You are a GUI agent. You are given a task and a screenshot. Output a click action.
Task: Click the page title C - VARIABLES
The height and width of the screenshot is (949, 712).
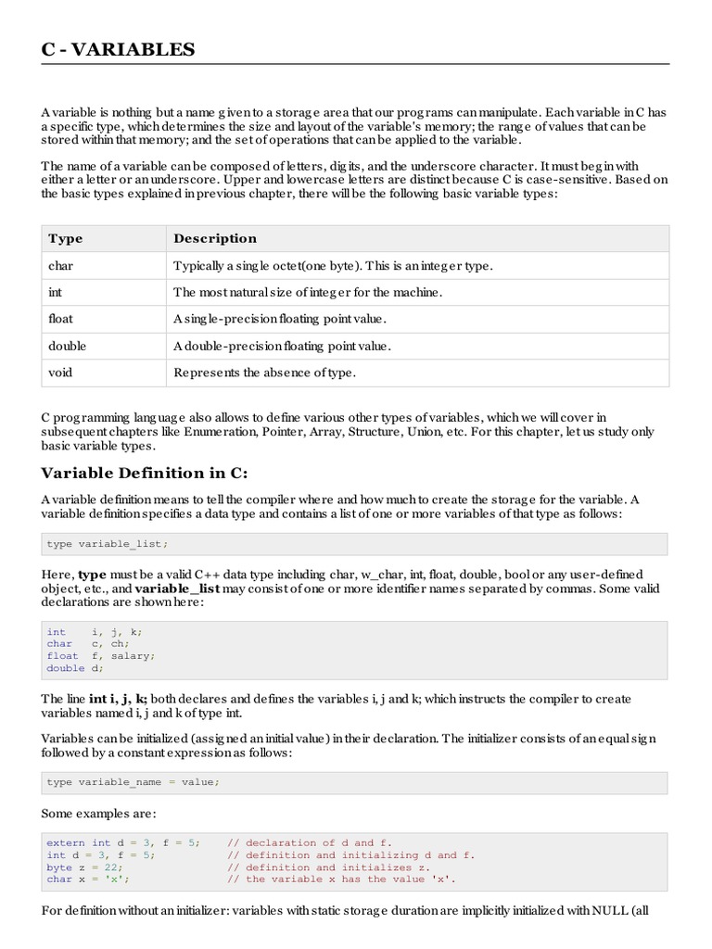[x=118, y=49]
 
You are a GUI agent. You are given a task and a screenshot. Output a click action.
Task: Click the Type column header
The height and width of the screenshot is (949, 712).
[x=65, y=238]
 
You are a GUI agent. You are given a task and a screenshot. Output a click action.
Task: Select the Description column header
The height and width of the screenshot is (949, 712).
[x=215, y=238]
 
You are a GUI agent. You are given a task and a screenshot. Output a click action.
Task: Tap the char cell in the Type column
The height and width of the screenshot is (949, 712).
[x=61, y=266]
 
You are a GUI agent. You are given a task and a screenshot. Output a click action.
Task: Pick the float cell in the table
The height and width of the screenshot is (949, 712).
[x=60, y=319]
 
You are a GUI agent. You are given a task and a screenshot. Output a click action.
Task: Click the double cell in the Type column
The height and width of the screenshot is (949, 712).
[x=67, y=346]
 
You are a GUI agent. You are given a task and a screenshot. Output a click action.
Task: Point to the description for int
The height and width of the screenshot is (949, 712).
[x=308, y=293]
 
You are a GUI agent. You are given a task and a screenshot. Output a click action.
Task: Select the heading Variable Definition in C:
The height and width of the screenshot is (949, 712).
[x=145, y=473]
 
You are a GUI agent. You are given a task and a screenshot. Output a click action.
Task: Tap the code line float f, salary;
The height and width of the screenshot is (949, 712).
[x=101, y=655]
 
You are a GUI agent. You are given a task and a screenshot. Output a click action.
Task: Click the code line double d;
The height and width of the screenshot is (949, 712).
[x=73, y=667]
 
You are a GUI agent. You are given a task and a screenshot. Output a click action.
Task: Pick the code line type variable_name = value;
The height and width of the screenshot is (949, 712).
[x=133, y=782]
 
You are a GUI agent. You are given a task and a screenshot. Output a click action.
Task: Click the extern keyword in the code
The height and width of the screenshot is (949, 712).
[x=66, y=842]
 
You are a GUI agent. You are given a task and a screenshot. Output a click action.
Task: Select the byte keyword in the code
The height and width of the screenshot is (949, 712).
[x=59, y=867]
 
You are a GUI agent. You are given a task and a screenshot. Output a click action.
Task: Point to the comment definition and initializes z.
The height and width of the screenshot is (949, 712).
[x=335, y=867]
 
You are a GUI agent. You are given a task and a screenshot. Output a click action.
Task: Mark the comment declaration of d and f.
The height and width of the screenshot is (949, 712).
[x=316, y=842]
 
